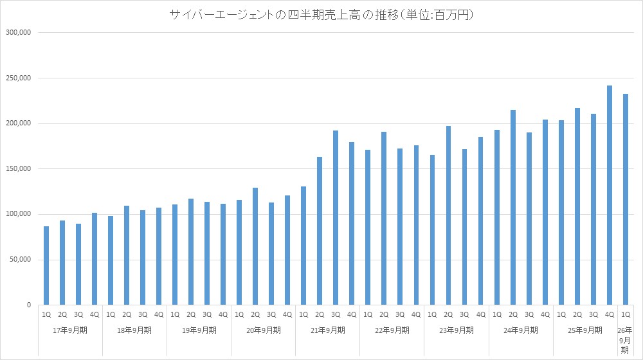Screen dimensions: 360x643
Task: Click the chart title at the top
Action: click(321, 14)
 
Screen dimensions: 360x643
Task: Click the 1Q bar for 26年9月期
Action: click(625, 199)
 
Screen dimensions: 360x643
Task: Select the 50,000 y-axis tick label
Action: click(20, 260)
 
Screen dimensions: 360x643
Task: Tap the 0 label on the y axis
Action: click(29, 305)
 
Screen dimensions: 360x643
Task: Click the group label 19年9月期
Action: click(199, 330)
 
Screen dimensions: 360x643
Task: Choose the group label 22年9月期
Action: click(392, 330)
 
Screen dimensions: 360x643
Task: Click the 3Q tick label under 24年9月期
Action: click(529, 315)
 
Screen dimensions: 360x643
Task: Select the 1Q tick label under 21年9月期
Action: click(303, 315)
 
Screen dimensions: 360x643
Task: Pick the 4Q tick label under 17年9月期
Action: click(95, 315)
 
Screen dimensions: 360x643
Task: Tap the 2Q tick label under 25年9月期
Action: click(577, 315)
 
